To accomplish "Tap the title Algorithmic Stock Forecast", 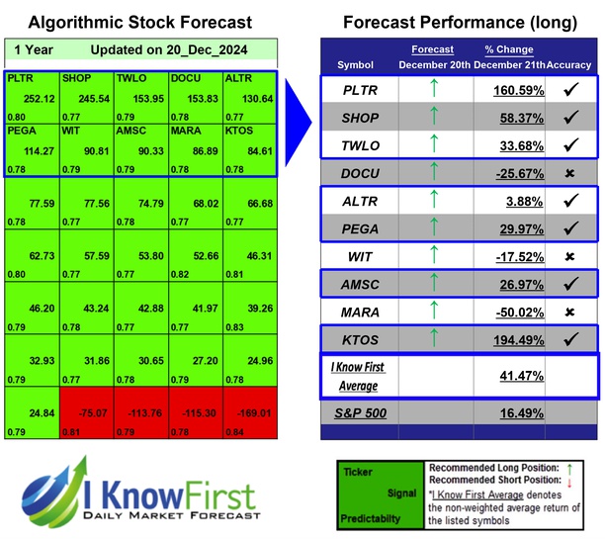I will (139, 22).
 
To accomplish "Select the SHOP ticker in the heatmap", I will (75, 76).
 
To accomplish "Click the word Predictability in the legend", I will (372, 517).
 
